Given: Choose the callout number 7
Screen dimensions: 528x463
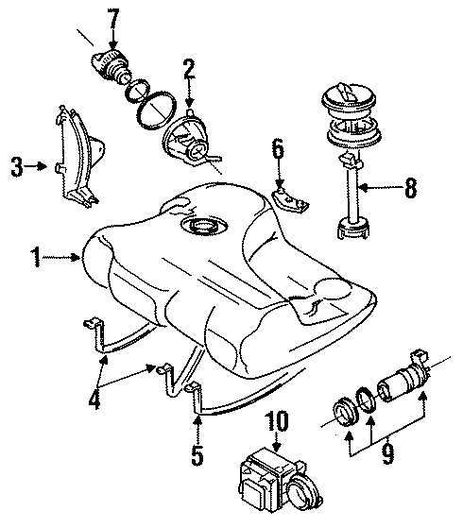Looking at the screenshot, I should pyautogui.click(x=113, y=17).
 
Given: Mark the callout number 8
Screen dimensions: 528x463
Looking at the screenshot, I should pyautogui.click(x=410, y=188).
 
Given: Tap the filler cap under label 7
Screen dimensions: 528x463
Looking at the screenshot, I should pyautogui.click(x=111, y=67).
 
